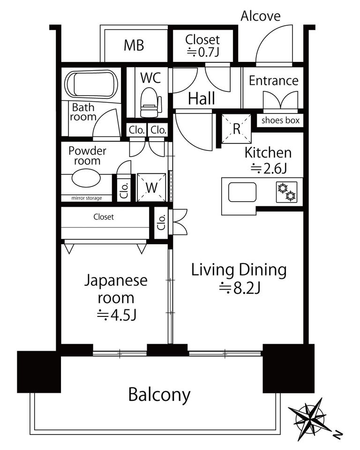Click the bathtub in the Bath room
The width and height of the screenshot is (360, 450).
(91, 85)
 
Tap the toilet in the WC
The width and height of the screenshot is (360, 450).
(150, 103)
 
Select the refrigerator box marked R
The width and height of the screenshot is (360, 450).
(237, 128)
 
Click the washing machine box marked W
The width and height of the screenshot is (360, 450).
(151, 187)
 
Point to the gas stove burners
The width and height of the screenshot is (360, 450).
(286, 192)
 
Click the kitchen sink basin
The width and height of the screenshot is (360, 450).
(242, 192)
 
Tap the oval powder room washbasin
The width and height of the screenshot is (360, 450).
(86, 178)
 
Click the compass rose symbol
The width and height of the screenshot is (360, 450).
(309, 416)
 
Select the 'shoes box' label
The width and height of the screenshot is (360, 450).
(280, 120)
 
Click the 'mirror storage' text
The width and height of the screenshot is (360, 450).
(86, 198)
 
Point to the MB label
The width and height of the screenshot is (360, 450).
(134, 45)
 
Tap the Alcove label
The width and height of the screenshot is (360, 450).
(260, 16)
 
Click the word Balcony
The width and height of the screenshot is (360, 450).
(159, 395)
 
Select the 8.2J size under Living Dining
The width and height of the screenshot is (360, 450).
(240, 288)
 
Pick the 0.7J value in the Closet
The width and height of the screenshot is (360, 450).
(203, 52)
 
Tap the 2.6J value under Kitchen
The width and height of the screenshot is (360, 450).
(269, 168)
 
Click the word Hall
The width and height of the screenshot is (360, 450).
(201, 98)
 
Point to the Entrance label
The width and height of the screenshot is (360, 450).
(273, 81)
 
